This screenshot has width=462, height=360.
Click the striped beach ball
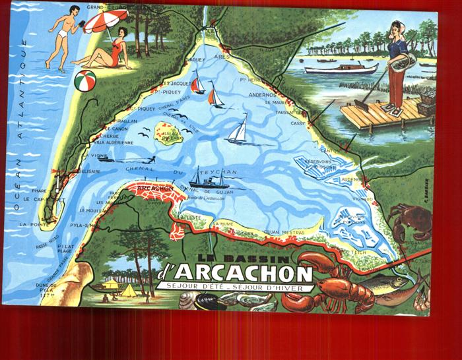point(85,80)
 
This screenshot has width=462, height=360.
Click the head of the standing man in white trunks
point(73,11)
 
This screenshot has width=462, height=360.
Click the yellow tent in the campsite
point(128,289)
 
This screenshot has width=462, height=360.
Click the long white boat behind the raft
point(342,68)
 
